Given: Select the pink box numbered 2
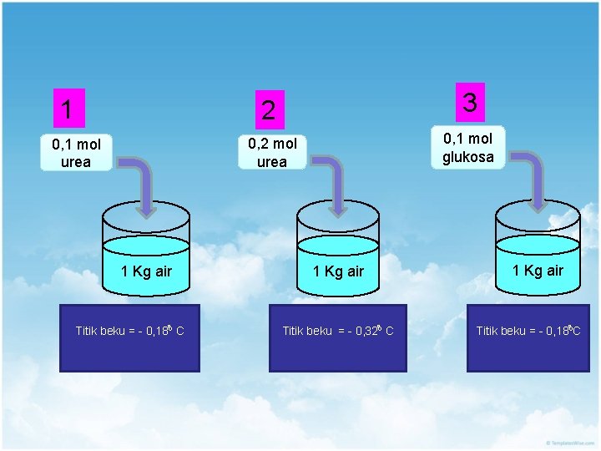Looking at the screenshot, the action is [x=268, y=109].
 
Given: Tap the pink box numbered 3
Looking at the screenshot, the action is [x=470, y=103].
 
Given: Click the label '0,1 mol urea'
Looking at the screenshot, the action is [x=76, y=154].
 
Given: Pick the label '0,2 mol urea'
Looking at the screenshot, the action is [x=271, y=154].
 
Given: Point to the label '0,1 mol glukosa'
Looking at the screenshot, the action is [x=467, y=148].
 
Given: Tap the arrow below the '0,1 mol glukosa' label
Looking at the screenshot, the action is [x=534, y=180].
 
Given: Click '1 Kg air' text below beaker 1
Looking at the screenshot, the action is [x=146, y=271].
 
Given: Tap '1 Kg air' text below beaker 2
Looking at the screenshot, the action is [x=338, y=271].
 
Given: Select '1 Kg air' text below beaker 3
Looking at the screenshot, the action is [x=538, y=270].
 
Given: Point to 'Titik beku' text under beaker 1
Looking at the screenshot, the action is [x=100, y=332].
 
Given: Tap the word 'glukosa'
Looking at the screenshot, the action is [x=467, y=157].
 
